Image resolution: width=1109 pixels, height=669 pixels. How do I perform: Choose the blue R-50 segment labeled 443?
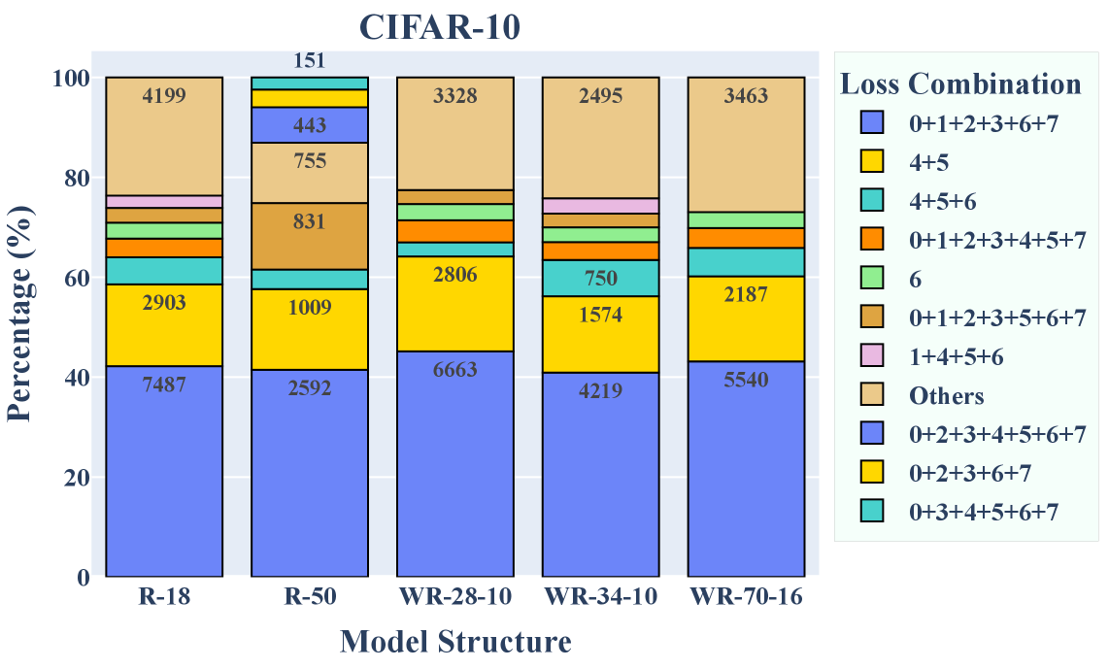point(310,124)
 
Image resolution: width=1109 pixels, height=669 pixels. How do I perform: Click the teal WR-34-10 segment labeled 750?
point(601,278)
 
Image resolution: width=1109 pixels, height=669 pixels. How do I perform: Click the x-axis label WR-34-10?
point(601,597)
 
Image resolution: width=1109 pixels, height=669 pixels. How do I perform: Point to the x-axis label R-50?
point(310,597)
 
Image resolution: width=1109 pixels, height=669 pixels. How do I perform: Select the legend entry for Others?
point(946,396)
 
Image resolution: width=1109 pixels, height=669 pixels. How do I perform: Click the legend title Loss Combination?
point(960,84)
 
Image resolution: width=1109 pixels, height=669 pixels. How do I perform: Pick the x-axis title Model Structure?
point(455,642)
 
